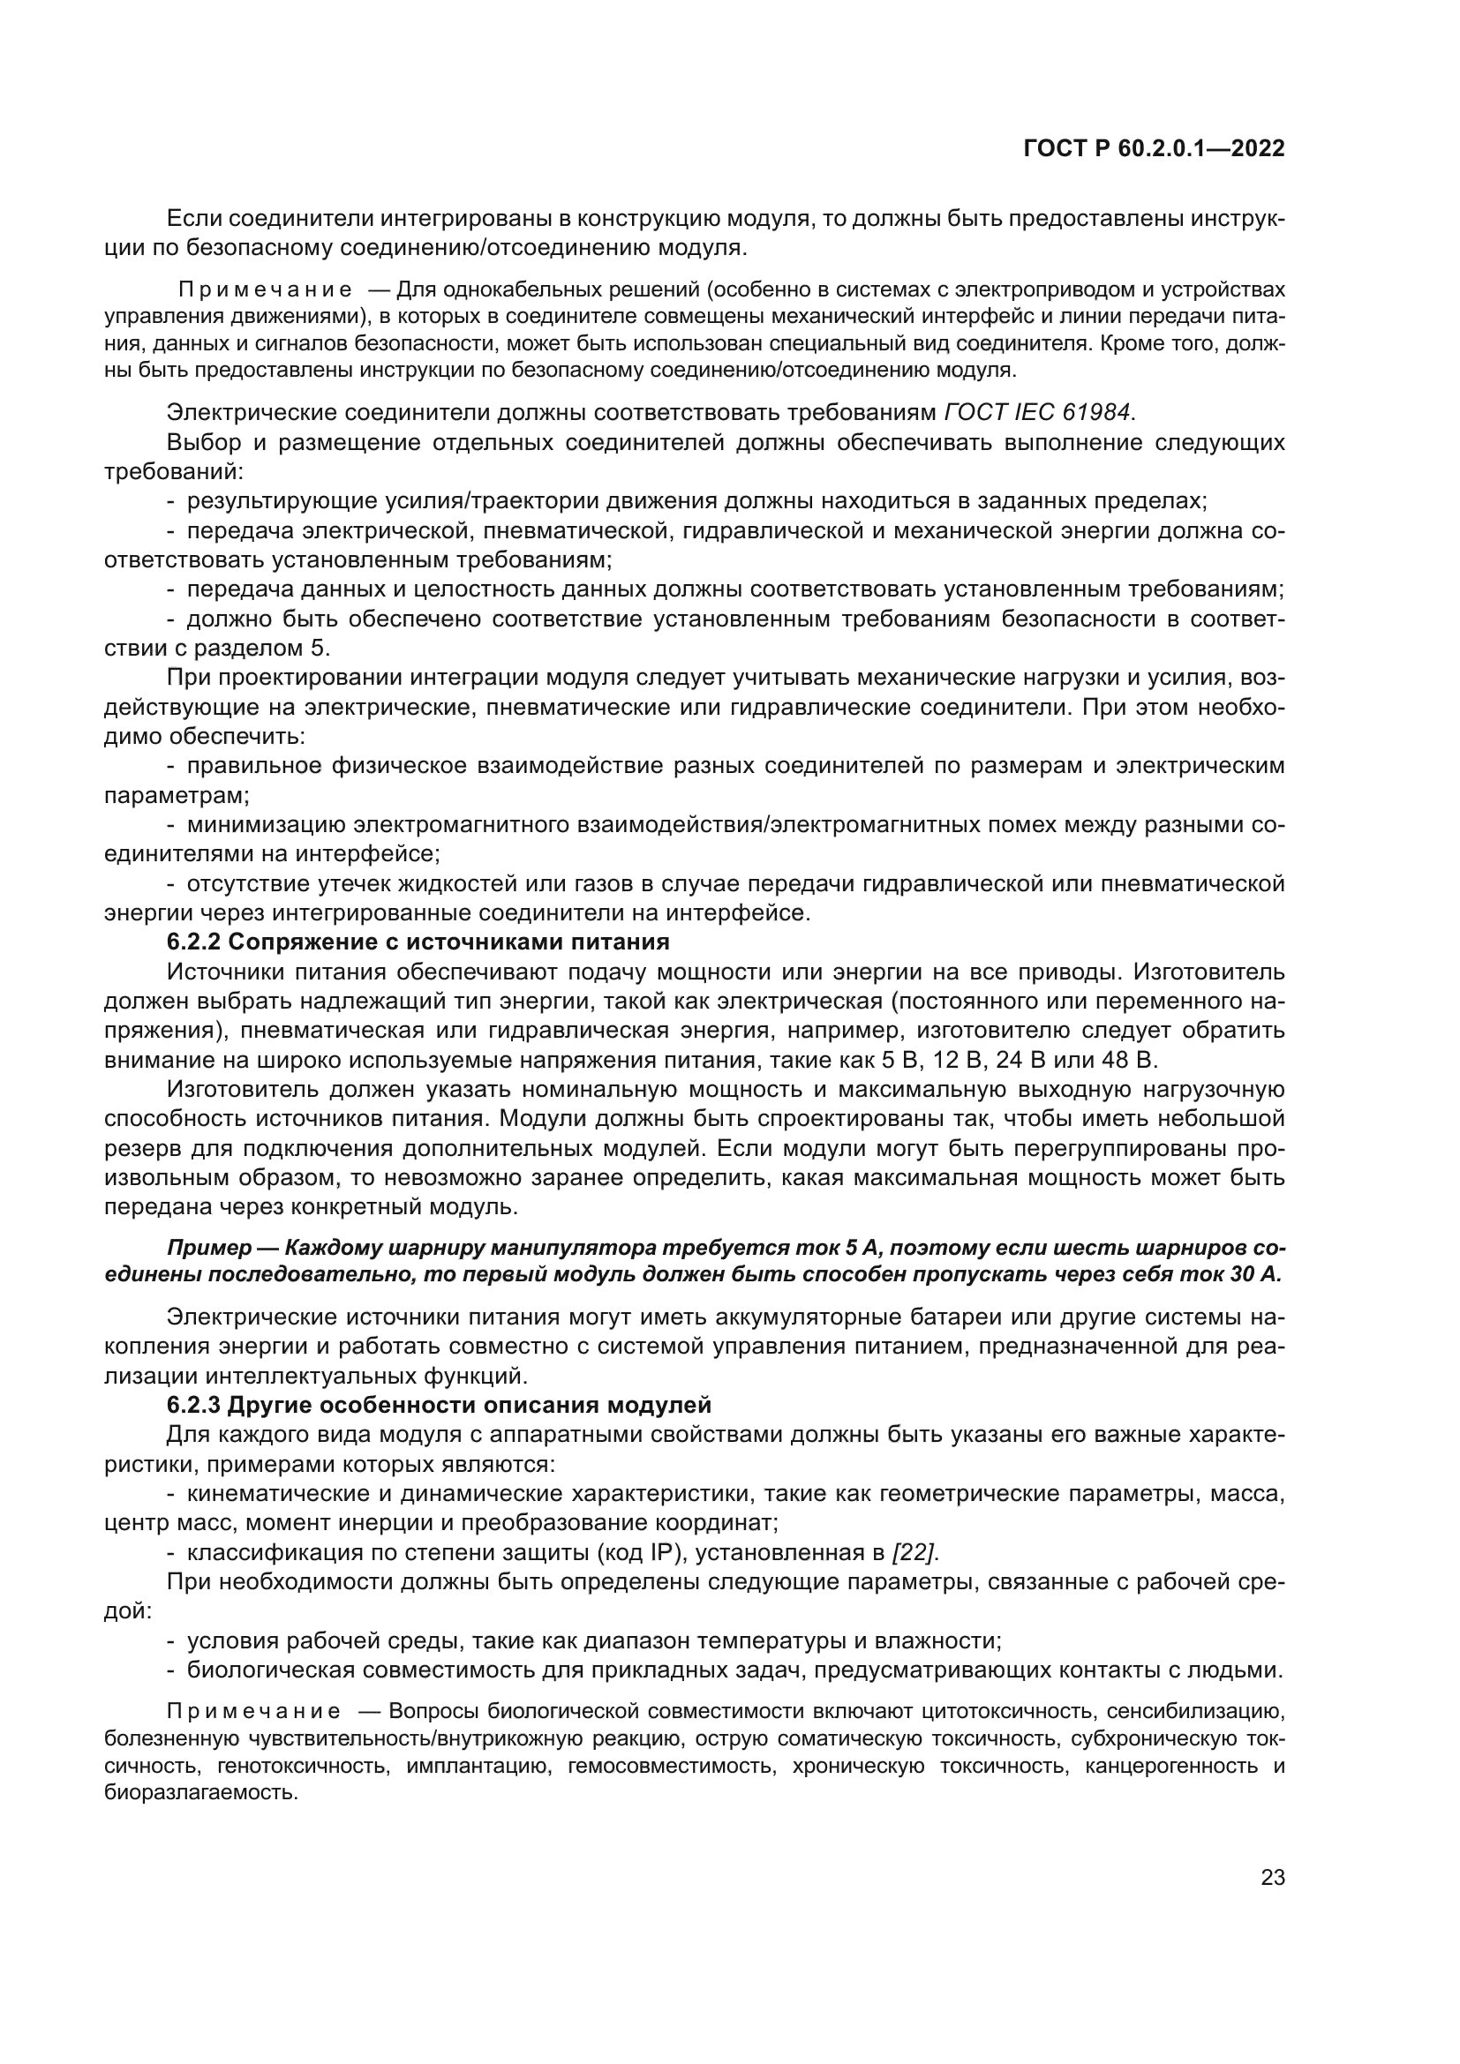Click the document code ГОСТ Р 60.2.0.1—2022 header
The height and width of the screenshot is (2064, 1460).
[1154, 149]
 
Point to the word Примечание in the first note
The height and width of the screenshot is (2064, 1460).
[264, 289]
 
